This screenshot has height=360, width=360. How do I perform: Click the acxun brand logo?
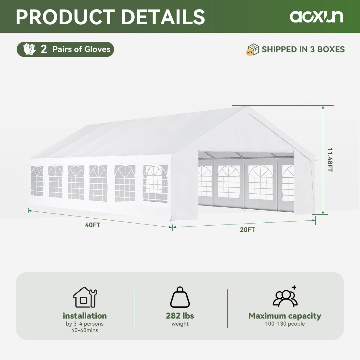(316, 17)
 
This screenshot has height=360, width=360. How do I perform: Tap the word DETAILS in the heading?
(163, 17)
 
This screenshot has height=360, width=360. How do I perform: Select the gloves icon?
(29, 49)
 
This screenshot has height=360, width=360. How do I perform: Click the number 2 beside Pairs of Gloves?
(44, 50)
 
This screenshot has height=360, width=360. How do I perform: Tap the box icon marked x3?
(253, 50)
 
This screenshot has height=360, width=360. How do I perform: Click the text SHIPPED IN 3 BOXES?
(303, 50)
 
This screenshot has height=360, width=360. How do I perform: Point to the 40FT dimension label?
(93, 225)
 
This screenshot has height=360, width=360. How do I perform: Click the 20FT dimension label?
(247, 230)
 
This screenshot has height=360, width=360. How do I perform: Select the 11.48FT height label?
(330, 160)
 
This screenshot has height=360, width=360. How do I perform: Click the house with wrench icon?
(85, 297)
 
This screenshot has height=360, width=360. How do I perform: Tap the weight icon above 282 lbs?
(180, 297)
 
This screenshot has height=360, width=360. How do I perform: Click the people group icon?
(285, 297)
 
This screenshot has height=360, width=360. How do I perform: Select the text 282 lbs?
(180, 316)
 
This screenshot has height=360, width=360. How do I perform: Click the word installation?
(85, 316)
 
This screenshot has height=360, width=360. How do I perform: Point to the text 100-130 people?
(285, 324)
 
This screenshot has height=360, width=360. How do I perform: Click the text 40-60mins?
(85, 330)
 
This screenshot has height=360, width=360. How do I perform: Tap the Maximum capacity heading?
(285, 316)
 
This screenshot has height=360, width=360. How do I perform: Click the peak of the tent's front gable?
(245, 107)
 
